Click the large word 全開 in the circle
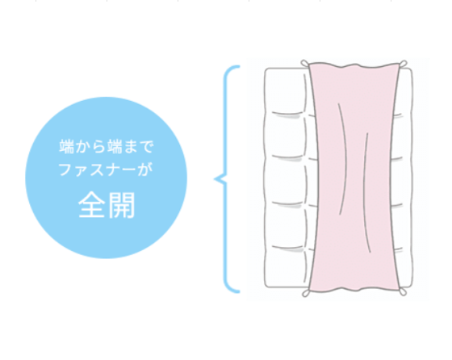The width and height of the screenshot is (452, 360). point(107,205)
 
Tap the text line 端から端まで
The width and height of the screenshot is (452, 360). point(107,146)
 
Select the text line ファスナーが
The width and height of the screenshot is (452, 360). point(106,169)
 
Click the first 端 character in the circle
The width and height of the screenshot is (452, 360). point(66,146)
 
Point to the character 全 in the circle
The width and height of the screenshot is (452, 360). point(91,205)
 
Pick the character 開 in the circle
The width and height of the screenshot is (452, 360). point(121,205)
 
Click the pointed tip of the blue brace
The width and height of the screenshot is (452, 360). point(215,179)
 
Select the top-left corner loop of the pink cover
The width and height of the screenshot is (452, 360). point(304,63)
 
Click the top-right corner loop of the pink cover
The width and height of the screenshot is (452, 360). point(403,64)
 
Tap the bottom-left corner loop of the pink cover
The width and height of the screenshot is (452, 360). point(306,293)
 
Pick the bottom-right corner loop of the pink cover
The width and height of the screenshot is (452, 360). point(403,292)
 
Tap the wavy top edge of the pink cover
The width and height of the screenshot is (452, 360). point(354,65)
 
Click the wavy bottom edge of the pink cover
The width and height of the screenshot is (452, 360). point(354,290)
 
